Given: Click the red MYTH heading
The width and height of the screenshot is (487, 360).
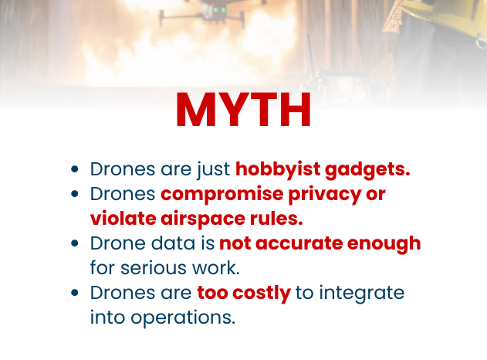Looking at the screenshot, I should [x=243, y=110].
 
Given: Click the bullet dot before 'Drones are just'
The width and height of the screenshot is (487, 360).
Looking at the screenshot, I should [x=74, y=169].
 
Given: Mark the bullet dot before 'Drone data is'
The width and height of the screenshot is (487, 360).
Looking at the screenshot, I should [x=74, y=243].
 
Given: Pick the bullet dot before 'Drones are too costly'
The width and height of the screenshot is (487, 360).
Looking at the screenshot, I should [x=74, y=293].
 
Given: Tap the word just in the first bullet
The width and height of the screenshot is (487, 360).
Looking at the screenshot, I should [x=213, y=169].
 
